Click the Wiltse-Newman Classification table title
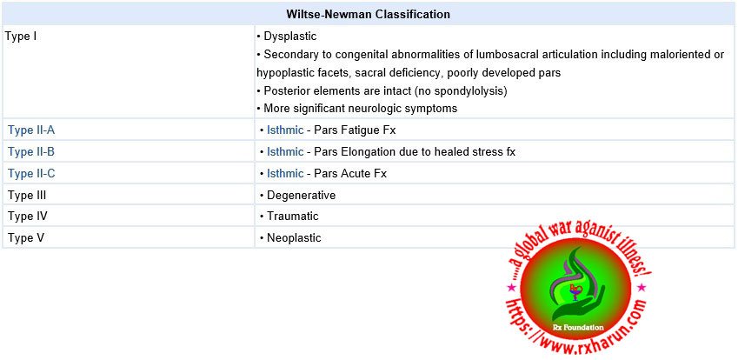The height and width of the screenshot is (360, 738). click(x=369, y=14)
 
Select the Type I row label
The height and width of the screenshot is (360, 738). click(x=21, y=37)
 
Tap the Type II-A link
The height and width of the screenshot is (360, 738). click(x=31, y=130)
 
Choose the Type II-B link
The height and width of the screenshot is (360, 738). click(x=31, y=151)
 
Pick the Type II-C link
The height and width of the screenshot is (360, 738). click(x=31, y=173)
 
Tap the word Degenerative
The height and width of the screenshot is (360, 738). click(x=301, y=195)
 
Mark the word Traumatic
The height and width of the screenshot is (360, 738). click(x=293, y=216)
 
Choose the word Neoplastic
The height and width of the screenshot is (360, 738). click(x=294, y=237)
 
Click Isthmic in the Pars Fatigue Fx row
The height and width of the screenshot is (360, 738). click(x=285, y=130)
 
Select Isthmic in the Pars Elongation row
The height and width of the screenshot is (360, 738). click(x=285, y=151)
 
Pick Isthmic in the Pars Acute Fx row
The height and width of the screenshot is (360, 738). click(x=285, y=173)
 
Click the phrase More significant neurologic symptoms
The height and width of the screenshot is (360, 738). click(x=360, y=109)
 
